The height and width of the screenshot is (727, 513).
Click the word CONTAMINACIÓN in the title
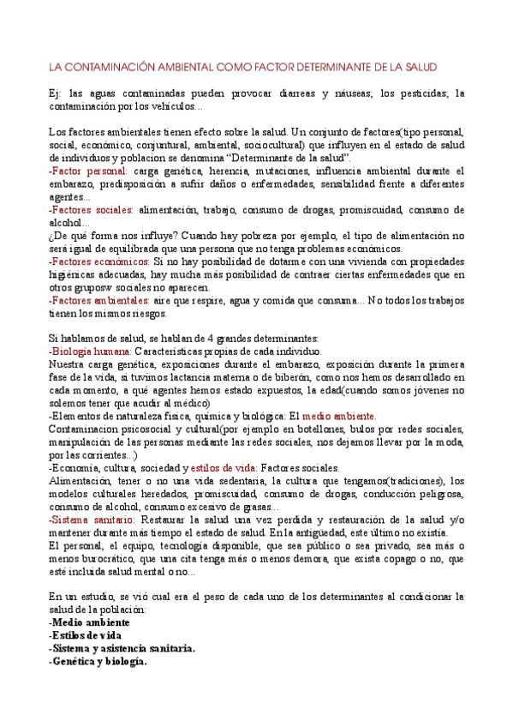coord(104,67)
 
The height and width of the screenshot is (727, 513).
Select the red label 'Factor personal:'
coord(87,171)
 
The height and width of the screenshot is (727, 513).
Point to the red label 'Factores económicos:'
coord(98,261)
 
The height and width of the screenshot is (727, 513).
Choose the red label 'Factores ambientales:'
coord(99,300)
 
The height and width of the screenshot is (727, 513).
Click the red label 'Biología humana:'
coord(90,351)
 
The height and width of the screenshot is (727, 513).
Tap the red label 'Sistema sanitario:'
coord(92,520)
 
